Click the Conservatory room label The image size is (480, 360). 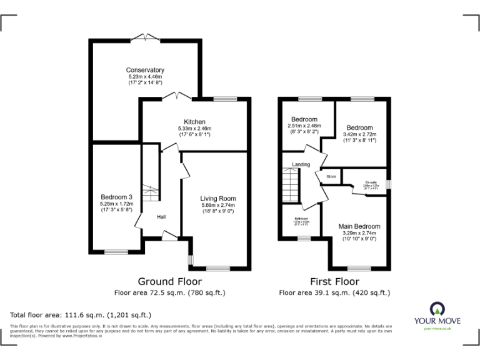coord(145,70)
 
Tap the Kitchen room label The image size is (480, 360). coord(194,122)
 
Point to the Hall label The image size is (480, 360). coord(161,217)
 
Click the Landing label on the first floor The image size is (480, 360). coord(292,164)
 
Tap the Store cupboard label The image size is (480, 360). coord(331,177)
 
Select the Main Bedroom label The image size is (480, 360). coord(359,226)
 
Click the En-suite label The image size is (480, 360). coord(371,182)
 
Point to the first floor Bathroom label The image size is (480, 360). coord(301,219)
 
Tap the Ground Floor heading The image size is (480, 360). coord(169,282)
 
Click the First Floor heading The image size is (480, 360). coord(334,282)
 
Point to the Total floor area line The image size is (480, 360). coord(80,314)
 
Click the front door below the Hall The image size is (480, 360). coord(169,235)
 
